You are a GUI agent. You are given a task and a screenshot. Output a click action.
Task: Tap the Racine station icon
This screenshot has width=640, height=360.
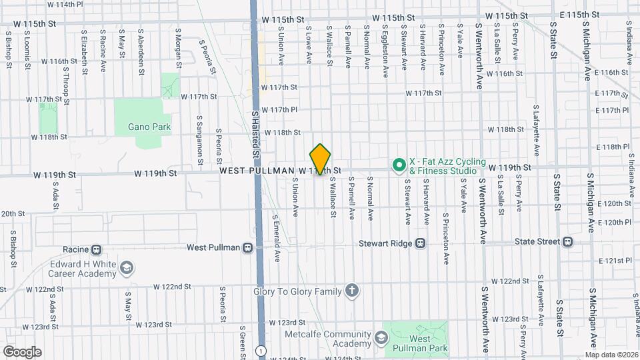(x=97, y=249)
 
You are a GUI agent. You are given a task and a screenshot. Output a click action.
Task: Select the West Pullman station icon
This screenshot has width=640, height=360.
(x=247, y=248)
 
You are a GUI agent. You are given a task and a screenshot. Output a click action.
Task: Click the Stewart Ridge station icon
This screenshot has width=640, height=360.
(x=420, y=243)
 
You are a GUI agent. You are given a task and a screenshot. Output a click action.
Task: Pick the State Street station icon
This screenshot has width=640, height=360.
(x=567, y=241)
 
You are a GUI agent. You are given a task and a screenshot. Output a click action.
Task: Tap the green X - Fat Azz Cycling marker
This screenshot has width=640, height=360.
(x=398, y=164)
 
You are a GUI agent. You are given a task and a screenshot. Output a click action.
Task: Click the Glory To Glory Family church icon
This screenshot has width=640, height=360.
(x=352, y=291)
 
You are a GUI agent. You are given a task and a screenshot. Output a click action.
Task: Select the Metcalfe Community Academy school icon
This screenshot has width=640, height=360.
(x=381, y=336)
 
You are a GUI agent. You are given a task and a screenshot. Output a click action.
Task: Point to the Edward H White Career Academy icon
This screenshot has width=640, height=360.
(x=127, y=268)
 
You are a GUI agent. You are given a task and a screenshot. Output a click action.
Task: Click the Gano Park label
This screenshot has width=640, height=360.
(x=151, y=127)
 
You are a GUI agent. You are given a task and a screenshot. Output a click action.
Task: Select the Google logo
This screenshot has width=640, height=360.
(x=22, y=351)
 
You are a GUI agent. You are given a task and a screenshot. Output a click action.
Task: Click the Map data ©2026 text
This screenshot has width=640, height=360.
(x=611, y=355)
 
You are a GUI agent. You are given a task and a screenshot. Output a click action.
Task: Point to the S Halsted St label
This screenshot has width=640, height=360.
(x=255, y=133)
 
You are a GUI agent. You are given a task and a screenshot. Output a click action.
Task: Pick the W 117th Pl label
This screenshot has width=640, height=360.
(x=279, y=110)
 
